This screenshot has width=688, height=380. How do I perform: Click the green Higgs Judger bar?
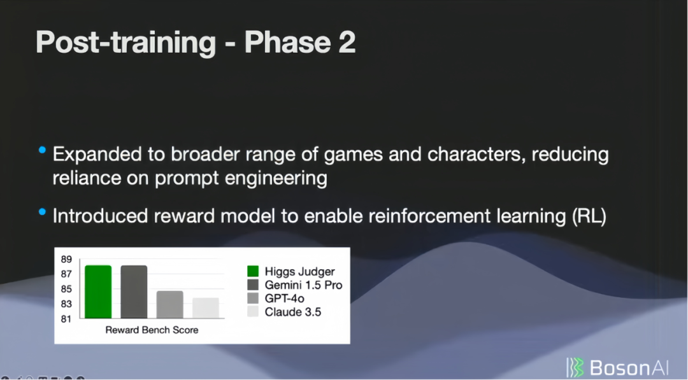(x=98, y=292)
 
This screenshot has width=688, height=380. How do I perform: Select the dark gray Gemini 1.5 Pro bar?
(x=134, y=292)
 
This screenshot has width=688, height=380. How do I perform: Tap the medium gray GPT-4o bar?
(x=170, y=305)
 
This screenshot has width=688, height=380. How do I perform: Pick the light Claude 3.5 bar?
(x=206, y=308)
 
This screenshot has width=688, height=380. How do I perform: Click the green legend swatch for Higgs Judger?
(x=253, y=271)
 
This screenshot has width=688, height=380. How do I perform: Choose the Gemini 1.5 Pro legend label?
(x=303, y=285)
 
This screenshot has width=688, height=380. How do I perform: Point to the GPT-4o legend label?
(x=284, y=299)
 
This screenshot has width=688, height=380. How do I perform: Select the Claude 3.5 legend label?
(x=292, y=312)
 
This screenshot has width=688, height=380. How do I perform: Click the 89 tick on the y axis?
(x=66, y=259)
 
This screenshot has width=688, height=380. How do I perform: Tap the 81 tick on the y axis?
(x=66, y=319)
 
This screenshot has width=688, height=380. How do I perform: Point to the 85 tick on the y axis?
(x=66, y=289)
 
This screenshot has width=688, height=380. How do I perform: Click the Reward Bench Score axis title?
(x=152, y=330)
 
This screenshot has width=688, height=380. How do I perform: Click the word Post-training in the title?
(x=126, y=43)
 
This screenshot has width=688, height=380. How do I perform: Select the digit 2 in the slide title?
(x=347, y=42)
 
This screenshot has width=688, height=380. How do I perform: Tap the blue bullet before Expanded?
(x=42, y=150)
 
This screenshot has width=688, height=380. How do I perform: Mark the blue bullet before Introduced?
(x=42, y=212)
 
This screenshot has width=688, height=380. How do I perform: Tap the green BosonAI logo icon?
(x=575, y=367)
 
